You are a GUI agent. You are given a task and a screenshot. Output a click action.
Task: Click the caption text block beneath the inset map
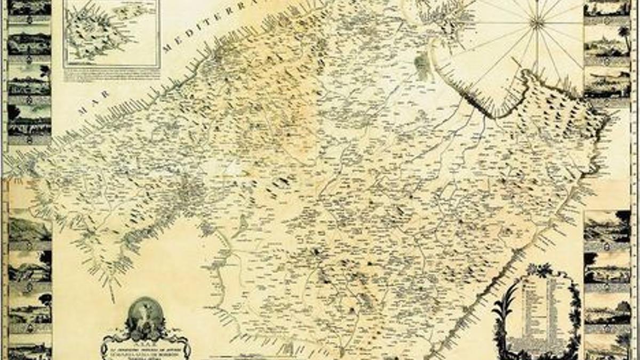pos(111,74)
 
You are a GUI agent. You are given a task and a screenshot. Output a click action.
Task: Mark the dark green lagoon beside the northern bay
pos(421,67)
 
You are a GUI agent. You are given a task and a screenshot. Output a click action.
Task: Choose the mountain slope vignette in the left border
pos(29,229)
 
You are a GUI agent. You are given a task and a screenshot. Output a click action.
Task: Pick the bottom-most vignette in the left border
pos(29,349)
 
